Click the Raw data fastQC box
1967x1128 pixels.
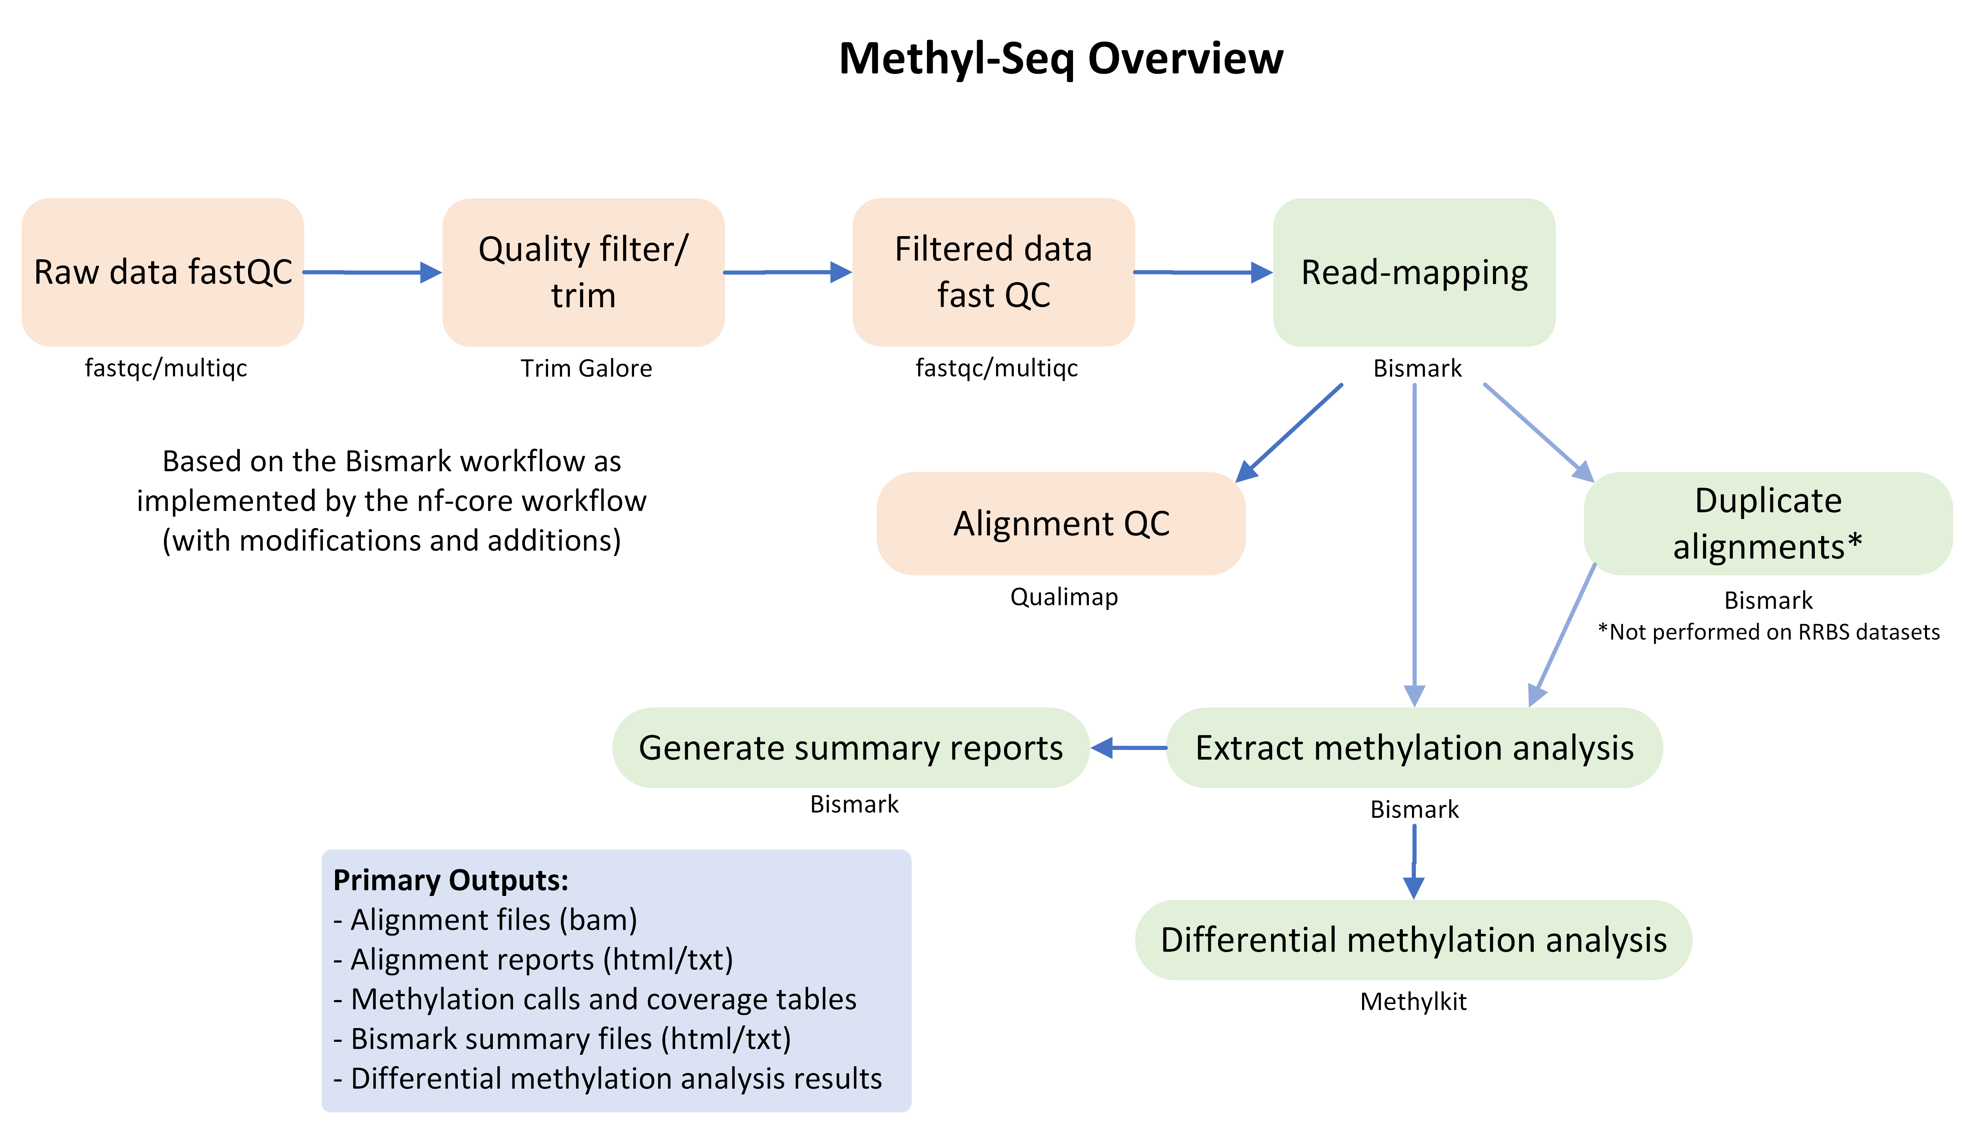point(163,272)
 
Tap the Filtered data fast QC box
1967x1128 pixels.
point(993,272)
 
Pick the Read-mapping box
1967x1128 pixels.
point(1414,272)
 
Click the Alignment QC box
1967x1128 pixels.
point(1061,524)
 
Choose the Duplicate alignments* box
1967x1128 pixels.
point(1768,524)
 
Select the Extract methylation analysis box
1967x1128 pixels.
point(1414,748)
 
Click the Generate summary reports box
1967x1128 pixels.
point(851,748)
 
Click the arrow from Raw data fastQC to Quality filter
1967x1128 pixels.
point(372,272)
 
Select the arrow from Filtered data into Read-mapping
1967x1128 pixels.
point(1203,272)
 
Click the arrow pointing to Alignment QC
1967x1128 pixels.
point(1290,432)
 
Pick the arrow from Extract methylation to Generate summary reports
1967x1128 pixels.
point(1129,748)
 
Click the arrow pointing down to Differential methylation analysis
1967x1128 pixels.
point(1414,860)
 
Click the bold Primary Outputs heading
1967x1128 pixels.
point(451,881)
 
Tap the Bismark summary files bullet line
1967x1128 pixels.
point(562,1039)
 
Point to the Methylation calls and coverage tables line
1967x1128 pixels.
point(595,999)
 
